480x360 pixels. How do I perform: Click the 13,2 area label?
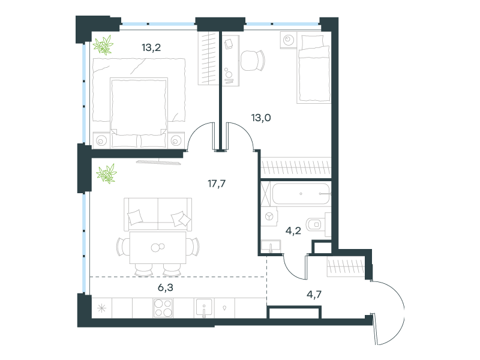pyautogui.click(x=151, y=47)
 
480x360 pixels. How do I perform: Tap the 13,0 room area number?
pyautogui.click(x=261, y=118)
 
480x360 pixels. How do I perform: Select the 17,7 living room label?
pyautogui.click(x=217, y=184)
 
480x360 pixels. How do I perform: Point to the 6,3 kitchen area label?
pyautogui.click(x=166, y=287)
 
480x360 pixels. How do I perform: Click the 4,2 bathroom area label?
pyautogui.click(x=293, y=230)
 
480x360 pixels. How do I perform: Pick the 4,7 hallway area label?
pyautogui.click(x=314, y=295)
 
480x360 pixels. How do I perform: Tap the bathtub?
pyautogui.click(x=301, y=193)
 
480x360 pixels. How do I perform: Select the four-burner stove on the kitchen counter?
pyautogui.click(x=163, y=308)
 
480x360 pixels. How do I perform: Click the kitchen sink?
pyautogui.click(x=204, y=308)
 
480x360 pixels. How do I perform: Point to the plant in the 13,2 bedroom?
pyautogui.click(x=103, y=45)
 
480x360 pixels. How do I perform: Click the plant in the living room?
pyautogui.click(x=106, y=173)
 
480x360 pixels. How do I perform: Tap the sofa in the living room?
pyautogui.click(x=158, y=214)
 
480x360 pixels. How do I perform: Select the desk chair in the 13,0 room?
pyautogui.click(x=253, y=61)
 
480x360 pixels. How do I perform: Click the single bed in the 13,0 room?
pyautogui.click(x=313, y=69)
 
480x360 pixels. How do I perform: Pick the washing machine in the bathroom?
pyautogui.click(x=269, y=217)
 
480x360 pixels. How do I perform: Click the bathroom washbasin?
pyautogui.click(x=271, y=246)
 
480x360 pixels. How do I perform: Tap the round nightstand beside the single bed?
pyautogui.click(x=289, y=40)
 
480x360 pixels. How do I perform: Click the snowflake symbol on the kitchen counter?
pyautogui.click(x=101, y=308)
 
